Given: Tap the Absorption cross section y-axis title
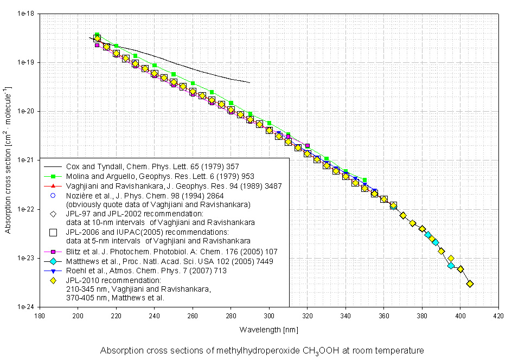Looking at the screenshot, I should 9,160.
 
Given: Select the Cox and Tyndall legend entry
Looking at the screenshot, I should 152,166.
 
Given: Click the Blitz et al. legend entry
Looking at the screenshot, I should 163,251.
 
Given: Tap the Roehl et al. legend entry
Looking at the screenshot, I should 146,271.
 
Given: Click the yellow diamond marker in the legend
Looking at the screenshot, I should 53,281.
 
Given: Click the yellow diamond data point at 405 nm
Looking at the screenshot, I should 470,284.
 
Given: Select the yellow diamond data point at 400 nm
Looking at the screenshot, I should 460,269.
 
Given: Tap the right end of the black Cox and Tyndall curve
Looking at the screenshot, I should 249,82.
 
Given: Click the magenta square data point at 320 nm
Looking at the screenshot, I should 308,146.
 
